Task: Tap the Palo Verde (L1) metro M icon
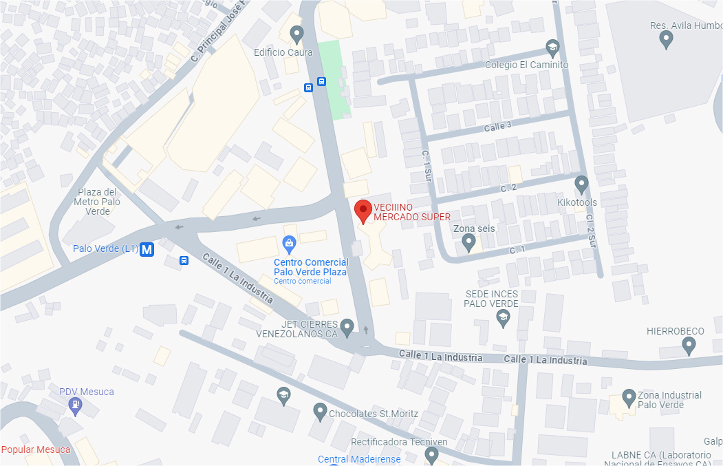point(147,250)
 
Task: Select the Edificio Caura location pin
point(296,33)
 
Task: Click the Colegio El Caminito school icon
point(552,47)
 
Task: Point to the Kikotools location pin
point(582,184)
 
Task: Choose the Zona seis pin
point(468,242)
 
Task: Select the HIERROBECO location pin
point(689,346)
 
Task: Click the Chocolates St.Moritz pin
point(319,412)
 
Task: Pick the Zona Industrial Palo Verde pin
point(628,397)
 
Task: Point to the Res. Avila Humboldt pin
point(665,40)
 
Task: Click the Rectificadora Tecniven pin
point(431,454)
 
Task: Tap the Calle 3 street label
point(497,126)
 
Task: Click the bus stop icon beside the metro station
point(184,260)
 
